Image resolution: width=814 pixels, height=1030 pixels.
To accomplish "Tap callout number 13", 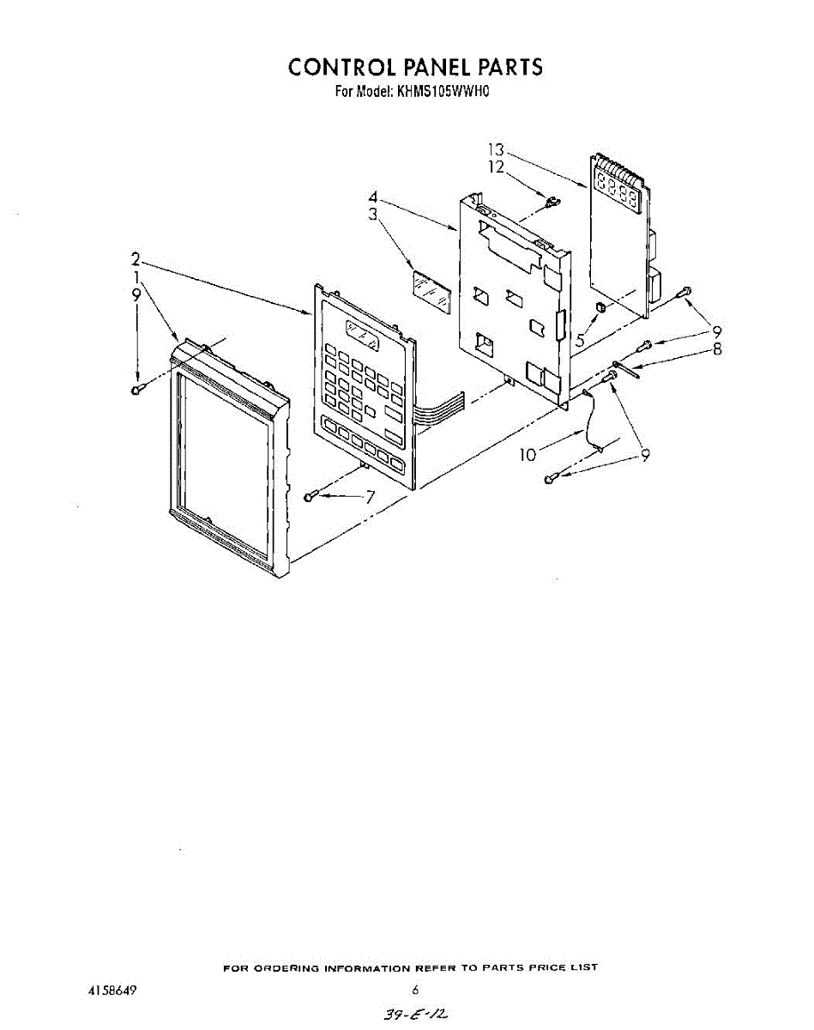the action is click(496, 150).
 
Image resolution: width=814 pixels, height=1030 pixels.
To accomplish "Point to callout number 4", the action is click(373, 198).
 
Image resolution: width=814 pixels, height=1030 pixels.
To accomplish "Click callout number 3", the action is click(373, 215).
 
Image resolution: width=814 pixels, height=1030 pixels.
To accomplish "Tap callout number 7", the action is click(371, 496).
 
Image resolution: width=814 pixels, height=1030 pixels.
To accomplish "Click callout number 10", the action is click(528, 454).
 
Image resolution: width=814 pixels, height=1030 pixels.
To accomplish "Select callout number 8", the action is click(717, 348).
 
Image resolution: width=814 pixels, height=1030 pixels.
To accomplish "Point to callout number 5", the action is click(581, 340).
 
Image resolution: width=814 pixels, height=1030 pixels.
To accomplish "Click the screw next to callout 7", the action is click(311, 496).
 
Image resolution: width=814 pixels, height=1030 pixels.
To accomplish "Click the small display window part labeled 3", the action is click(431, 288).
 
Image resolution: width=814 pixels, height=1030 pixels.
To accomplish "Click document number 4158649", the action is click(112, 990).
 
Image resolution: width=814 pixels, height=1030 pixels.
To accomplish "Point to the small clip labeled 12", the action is click(551, 203).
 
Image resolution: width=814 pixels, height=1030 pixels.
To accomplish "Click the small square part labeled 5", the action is click(601, 307).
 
